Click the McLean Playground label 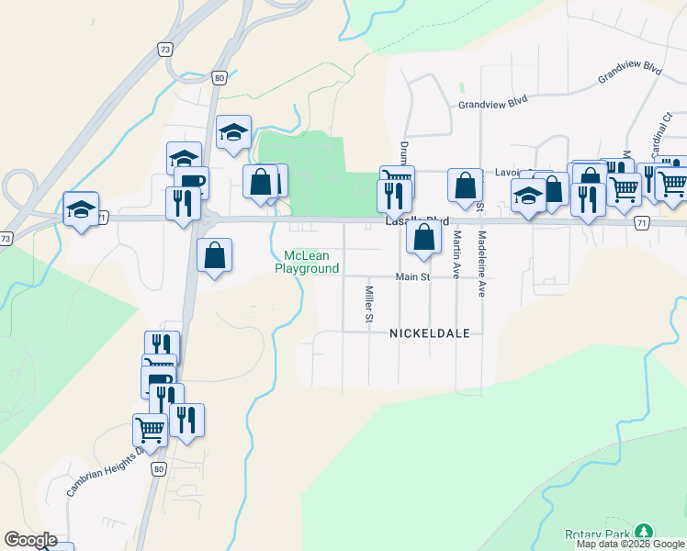click(x=307, y=262)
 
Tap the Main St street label click(x=412, y=276)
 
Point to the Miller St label click(x=368, y=305)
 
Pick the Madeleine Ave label click(x=481, y=263)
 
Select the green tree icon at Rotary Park click(x=645, y=532)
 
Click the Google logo click(x=30, y=540)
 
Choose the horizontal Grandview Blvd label click(x=495, y=105)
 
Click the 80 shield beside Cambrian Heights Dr click(x=160, y=469)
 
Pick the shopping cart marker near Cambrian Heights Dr click(x=150, y=429)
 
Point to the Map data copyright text click(x=631, y=544)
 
